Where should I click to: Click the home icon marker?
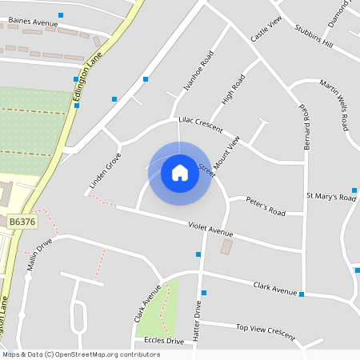pos(180,172)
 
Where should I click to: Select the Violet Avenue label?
pos(210,229)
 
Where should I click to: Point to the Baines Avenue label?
pos(34,23)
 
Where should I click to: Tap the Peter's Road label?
pos(266,206)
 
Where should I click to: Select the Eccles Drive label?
pos(164,341)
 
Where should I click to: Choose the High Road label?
pos(232,92)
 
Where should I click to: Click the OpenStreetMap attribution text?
pos(80,354)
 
